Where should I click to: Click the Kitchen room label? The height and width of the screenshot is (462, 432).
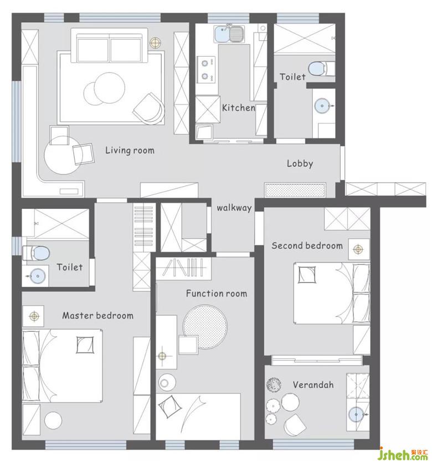point(238,108)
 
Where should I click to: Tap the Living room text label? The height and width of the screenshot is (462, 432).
point(130,150)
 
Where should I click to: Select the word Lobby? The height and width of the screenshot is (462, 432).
point(300,163)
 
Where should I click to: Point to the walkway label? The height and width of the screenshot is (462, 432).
point(234,208)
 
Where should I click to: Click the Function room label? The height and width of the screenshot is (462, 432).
point(217,294)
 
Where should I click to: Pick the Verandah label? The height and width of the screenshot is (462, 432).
point(313,385)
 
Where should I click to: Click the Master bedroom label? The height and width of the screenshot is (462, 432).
point(97,316)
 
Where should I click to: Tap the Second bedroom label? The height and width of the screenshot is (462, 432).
point(307,246)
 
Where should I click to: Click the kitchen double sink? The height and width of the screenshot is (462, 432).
point(229,34)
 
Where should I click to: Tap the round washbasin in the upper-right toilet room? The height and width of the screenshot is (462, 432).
point(322,105)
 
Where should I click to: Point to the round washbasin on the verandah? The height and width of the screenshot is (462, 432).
point(356,414)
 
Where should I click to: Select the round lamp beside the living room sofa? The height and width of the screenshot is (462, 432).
point(155,43)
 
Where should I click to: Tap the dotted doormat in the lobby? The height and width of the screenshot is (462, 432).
point(295,190)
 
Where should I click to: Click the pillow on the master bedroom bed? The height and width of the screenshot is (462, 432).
point(85,345)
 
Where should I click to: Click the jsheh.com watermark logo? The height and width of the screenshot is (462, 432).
point(404,454)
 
